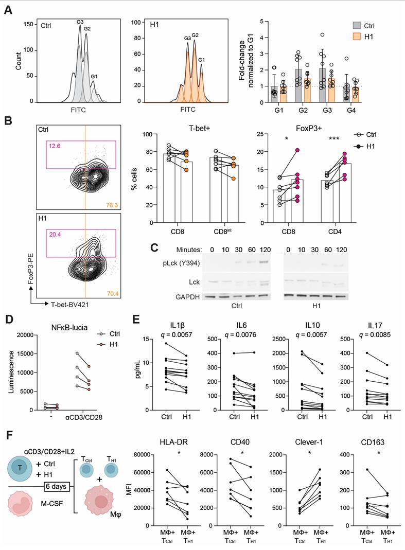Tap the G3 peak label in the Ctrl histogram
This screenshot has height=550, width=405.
coord(80,22)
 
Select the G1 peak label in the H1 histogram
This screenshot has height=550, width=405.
coord(201,60)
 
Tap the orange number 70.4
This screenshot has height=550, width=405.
coord(111,295)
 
